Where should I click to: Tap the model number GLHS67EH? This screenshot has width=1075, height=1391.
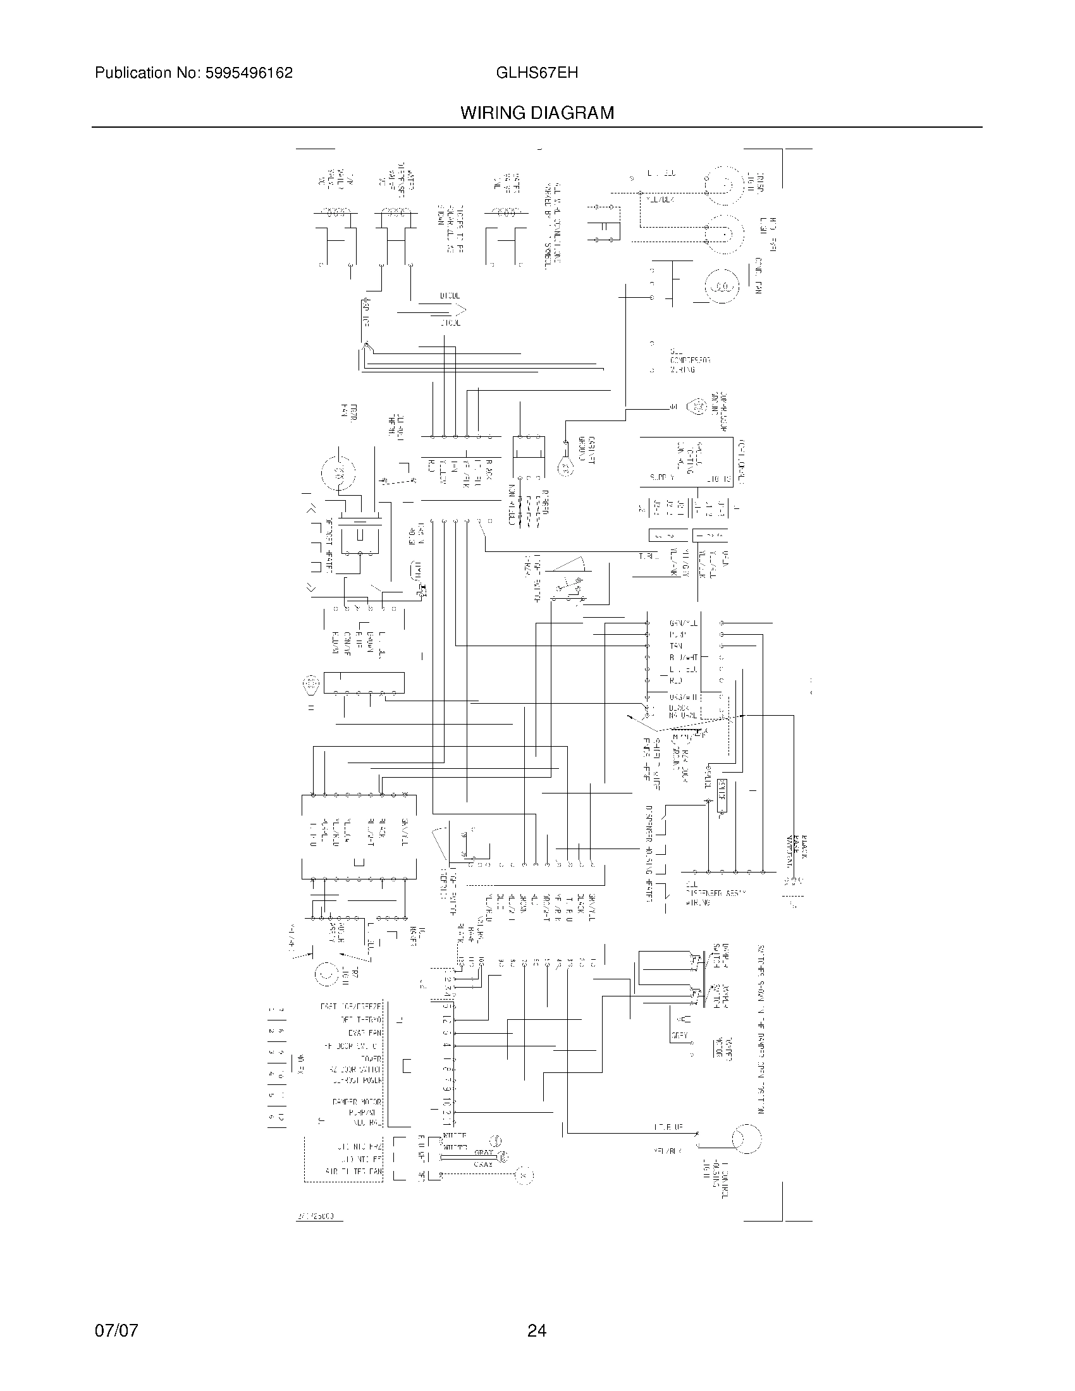(x=537, y=73)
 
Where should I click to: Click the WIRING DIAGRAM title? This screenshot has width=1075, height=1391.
(x=537, y=113)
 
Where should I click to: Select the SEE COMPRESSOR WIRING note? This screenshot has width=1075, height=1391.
(x=689, y=360)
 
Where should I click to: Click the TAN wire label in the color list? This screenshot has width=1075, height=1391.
(x=676, y=646)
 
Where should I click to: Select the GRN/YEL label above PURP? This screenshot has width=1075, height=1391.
(x=684, y=623)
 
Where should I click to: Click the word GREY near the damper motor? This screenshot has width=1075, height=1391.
(x=679, y=1035)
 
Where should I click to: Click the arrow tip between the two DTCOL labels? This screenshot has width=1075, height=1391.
(x=465, y=310)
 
